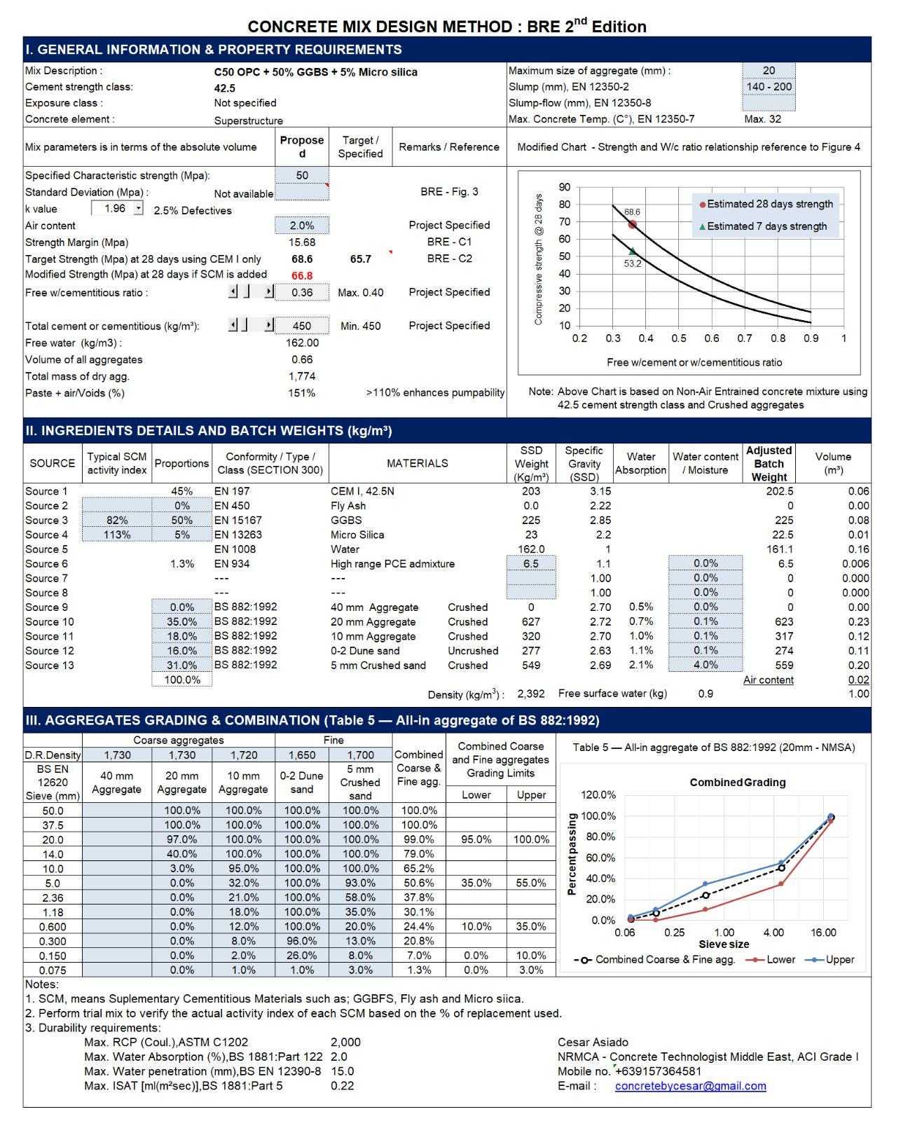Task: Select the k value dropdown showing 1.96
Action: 117,208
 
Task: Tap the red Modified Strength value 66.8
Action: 301,275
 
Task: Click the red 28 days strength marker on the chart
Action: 632,224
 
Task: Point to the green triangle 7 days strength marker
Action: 633,251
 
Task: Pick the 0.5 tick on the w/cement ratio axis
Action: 678,338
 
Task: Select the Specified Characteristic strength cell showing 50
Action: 301,175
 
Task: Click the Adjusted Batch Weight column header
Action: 769,464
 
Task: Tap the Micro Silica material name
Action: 357,535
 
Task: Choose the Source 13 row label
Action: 50,665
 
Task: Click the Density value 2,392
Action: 530,694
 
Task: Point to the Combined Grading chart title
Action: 738,782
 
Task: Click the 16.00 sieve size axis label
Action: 823,933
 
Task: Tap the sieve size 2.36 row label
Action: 53,898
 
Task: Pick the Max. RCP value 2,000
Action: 345,1042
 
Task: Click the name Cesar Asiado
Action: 593,1042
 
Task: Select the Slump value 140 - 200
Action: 769,86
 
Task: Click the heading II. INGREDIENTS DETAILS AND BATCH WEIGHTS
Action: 209,430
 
